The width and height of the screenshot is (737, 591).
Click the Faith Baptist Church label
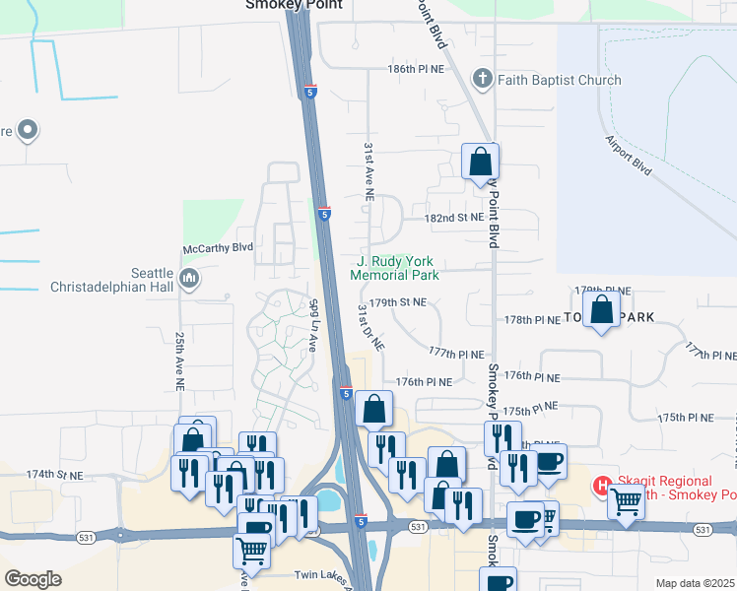coord(559,80)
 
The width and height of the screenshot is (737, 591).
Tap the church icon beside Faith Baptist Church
coord(483,79)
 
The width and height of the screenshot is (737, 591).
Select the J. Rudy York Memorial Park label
coord(394,268)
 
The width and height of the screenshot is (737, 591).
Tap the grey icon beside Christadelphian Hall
coord(191,281)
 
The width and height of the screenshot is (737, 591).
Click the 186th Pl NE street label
coord(414,70)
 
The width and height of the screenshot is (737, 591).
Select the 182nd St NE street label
coord(454,217)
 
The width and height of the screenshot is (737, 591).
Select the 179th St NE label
coord(399,302)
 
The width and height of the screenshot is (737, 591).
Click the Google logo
coord(33,578)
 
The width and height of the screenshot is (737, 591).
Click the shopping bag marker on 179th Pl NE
coord(601,310)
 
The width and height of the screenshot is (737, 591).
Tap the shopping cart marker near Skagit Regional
coord(628,501)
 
